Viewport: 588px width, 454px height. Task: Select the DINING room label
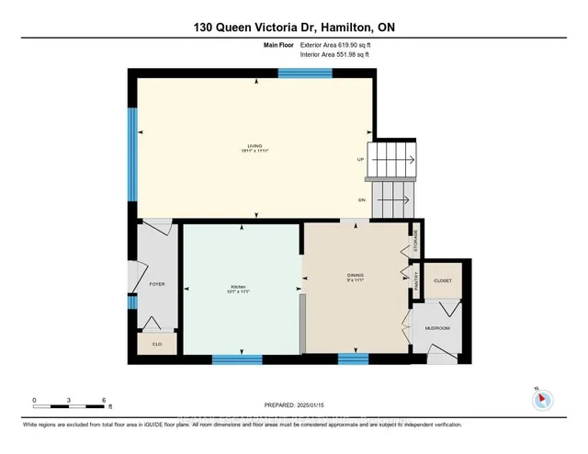point(356,275)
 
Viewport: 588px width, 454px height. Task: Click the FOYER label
point(156,285)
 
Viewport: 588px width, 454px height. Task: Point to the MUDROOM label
point(436,328)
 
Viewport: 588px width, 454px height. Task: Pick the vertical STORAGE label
point(415,240)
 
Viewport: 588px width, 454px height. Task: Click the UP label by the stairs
point(361,159)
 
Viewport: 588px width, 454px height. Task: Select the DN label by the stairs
point(361,199)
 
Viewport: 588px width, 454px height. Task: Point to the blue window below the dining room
point(347,359)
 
